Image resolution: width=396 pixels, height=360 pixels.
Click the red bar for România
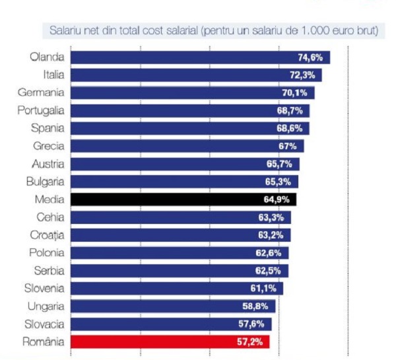pyautogui.click(x=170, y=342)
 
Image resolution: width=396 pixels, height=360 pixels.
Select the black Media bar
pyautogui.click(x=183, y=199)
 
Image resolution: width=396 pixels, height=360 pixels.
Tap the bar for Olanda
pyautogui.click(x=200, y=57)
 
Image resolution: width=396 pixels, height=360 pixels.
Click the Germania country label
pyautogui.click(x=41, y=92)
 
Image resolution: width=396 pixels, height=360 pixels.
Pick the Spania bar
pyautogui.click(x=189, y=128)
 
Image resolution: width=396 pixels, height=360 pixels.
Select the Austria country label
pyautogui.click(x=48, y=164)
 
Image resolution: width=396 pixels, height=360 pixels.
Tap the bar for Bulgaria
pyautogui.click(x=184, y=182)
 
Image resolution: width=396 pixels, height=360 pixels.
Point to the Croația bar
pyautogui.click(x=180, y=235)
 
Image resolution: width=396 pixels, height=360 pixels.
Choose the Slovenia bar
pyautogui.click(x=176, y=289)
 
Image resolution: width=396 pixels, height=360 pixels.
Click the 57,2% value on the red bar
pyautogui.click(x=251, y=342)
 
